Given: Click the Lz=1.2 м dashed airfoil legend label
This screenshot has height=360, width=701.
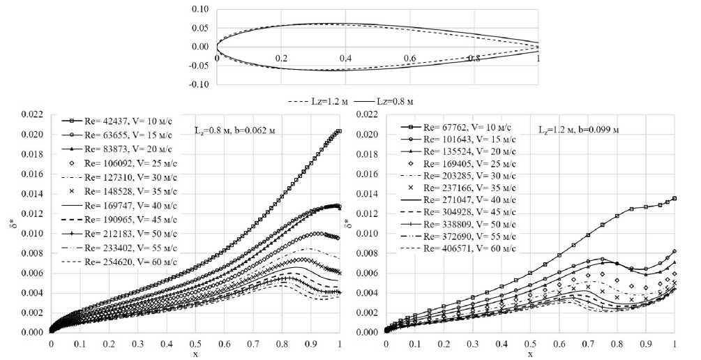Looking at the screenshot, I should point(318,101).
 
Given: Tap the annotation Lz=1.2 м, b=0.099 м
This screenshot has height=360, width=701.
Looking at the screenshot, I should point(578,130).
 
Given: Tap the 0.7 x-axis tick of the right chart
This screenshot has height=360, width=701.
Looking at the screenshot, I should point(588,344).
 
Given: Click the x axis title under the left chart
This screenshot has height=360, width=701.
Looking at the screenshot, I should point(195,354).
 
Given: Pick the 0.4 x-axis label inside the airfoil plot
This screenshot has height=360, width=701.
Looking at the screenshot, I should point(345,58).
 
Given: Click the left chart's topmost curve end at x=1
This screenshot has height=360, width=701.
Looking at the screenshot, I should point(339,130).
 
